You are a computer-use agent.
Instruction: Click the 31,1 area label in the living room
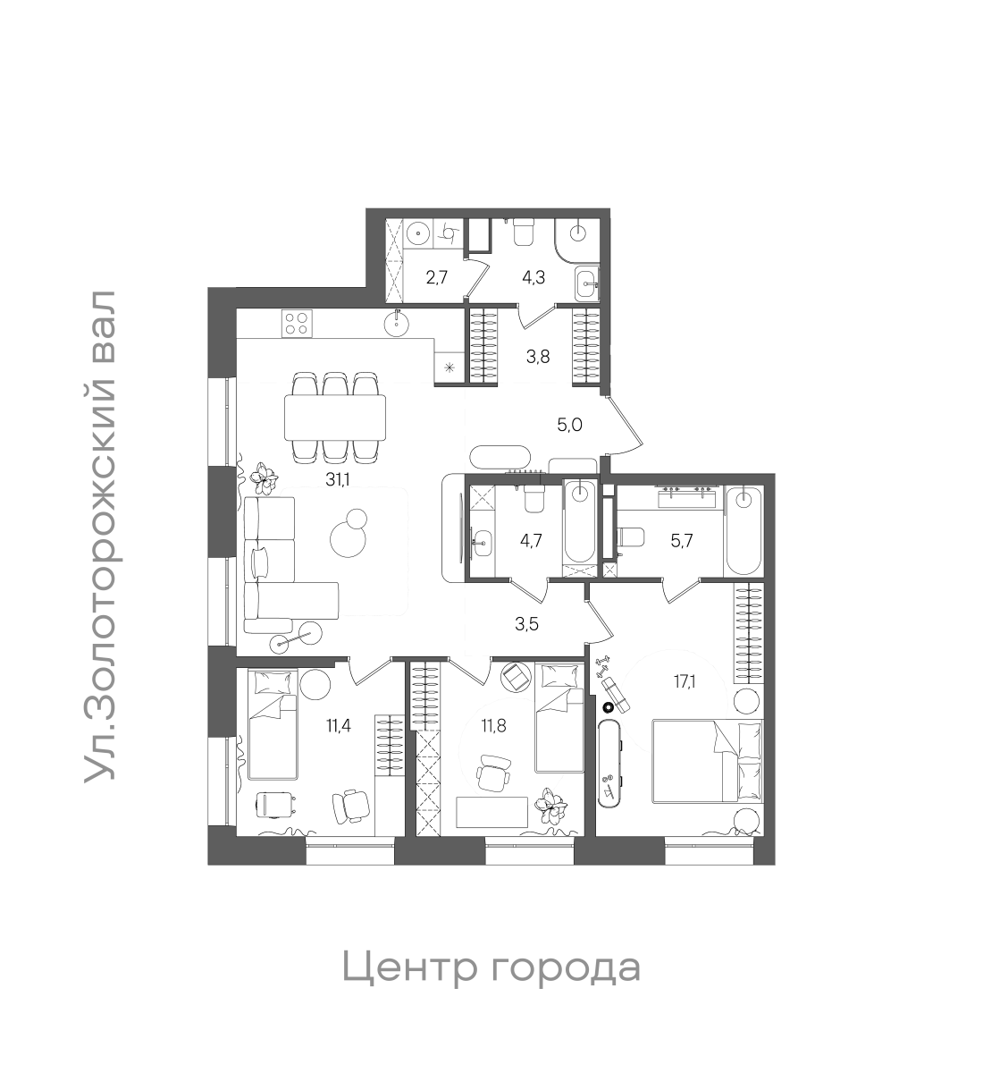(338, 480)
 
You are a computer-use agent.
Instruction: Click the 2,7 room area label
(436, 277)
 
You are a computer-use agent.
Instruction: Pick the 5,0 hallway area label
(569, 425)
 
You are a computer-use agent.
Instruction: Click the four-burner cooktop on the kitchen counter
(296, 322)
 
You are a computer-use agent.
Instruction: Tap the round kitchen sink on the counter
(397, 322)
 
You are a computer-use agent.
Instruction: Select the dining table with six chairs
(335, 418)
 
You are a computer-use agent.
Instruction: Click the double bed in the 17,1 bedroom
(708, 760)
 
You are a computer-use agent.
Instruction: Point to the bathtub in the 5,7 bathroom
(744, 532)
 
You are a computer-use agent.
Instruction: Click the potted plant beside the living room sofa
(263, 478)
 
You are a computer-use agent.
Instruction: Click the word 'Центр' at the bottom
(407, 968)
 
